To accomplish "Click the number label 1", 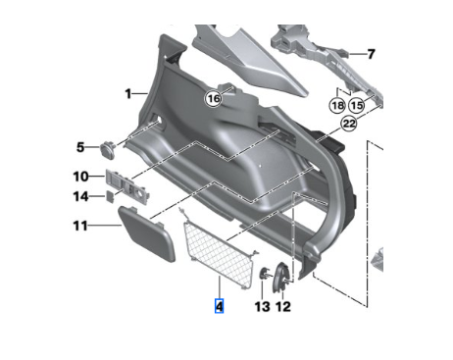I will click(128, 93).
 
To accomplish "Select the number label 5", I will click(81, 148).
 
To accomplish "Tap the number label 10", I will click(81, 177).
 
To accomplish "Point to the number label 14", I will click(81, 196).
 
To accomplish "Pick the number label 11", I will click(80, 226).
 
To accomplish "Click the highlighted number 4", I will click(219, 306).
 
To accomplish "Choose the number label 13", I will click(261, 307).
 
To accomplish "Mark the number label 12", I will click(283, 307).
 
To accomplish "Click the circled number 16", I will click(214, 98).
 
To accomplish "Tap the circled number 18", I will click(336, 104).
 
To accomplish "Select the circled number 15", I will click(357, 104).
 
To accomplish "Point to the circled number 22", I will click(348, 125).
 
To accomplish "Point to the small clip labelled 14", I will click(110, 195).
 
